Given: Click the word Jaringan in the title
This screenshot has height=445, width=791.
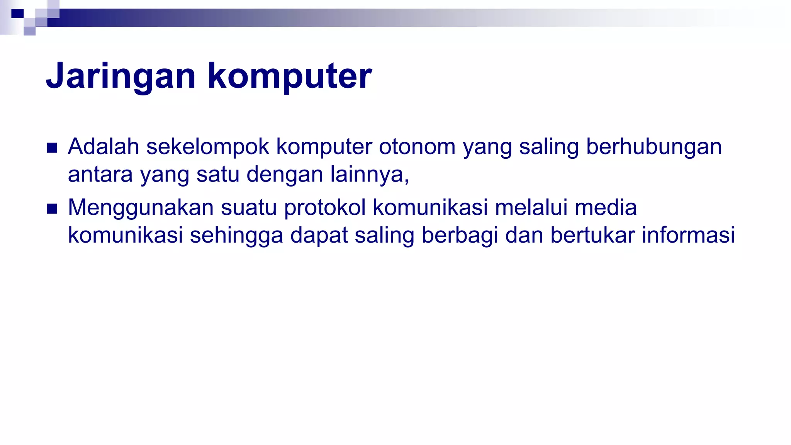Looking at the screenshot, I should [121, 76].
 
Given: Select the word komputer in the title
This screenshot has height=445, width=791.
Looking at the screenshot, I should [290, 76].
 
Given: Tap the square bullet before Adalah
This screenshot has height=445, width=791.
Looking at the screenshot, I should [52, 148].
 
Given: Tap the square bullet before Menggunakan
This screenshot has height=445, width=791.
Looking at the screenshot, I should [52, 209].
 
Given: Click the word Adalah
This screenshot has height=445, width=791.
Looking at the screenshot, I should [104, 147].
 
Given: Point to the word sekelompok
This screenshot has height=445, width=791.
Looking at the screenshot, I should [207, 147].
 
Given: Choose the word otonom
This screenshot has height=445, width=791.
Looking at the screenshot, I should [417, 147].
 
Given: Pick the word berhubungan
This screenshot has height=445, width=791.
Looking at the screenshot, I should [654, 147].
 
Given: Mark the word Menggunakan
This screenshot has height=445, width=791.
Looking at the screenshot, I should [141, 208].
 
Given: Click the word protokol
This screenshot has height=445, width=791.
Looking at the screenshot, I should [325, 208].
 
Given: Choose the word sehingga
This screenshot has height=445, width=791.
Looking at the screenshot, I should [236, 236].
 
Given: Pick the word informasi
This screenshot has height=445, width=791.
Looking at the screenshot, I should [688, 236].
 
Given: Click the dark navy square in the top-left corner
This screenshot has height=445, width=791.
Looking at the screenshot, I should [17, 14].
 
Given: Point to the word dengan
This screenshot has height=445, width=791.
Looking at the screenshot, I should [285, 175].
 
